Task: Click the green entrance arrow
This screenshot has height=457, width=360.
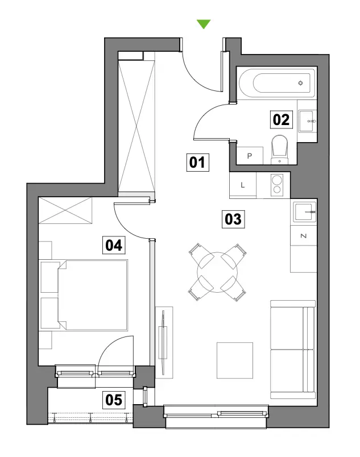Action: [204, 24]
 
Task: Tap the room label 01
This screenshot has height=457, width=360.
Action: [197, 163]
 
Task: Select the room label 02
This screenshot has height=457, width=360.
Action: [282, 119]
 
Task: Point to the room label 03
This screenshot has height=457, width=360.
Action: [233, 219]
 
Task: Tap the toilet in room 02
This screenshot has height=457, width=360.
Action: [280, 149]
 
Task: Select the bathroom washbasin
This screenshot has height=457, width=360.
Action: [308, 121]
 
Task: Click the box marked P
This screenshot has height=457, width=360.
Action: [250, 156]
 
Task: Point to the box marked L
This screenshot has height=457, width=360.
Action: [243, 185]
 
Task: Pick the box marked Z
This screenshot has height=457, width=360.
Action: [304, 235]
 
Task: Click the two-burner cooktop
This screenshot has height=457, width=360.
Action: [277, 185]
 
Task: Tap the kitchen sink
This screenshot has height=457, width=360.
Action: [305, 212]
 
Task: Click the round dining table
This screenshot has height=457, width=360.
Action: [217, 272]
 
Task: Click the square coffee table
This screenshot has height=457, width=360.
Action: [235, 360]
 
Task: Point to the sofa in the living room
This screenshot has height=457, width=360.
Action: [293, 350]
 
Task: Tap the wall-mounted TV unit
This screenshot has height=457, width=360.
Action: [164, 342]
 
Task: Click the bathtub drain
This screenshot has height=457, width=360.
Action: [300, 83]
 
